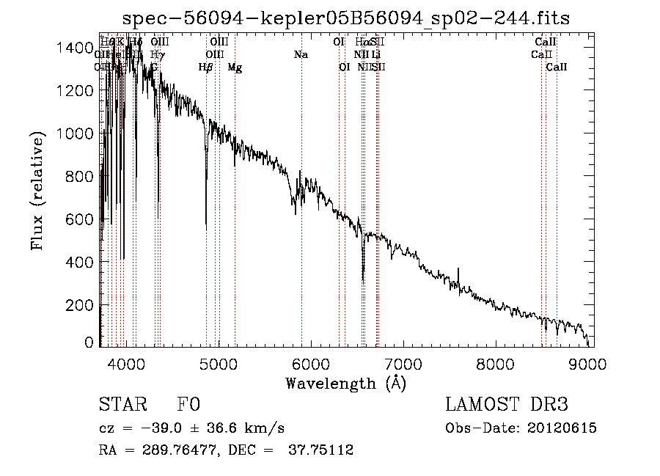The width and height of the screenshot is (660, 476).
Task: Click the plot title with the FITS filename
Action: [346, 18]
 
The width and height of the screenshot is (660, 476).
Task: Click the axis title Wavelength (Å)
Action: [345, 383]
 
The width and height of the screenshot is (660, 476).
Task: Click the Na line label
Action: [301, 55]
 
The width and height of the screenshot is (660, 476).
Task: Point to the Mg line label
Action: [235, 67]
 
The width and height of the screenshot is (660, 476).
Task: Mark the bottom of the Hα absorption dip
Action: [363, 281]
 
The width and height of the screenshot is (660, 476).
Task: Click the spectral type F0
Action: [188, 405]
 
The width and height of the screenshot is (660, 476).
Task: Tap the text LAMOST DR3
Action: [506, 405]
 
